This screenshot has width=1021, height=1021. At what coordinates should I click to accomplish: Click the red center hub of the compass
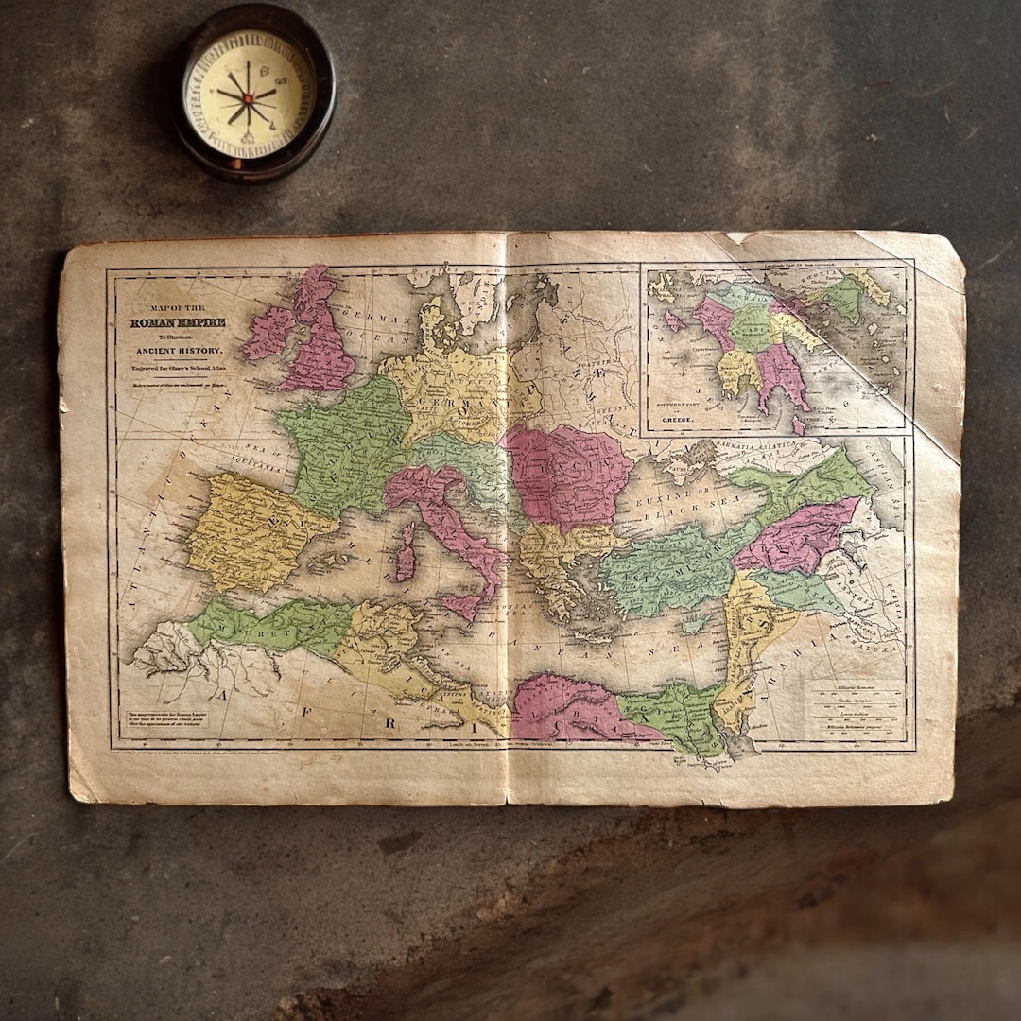[248, 97]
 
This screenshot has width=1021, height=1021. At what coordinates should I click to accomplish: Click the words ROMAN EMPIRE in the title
[178, 323]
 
